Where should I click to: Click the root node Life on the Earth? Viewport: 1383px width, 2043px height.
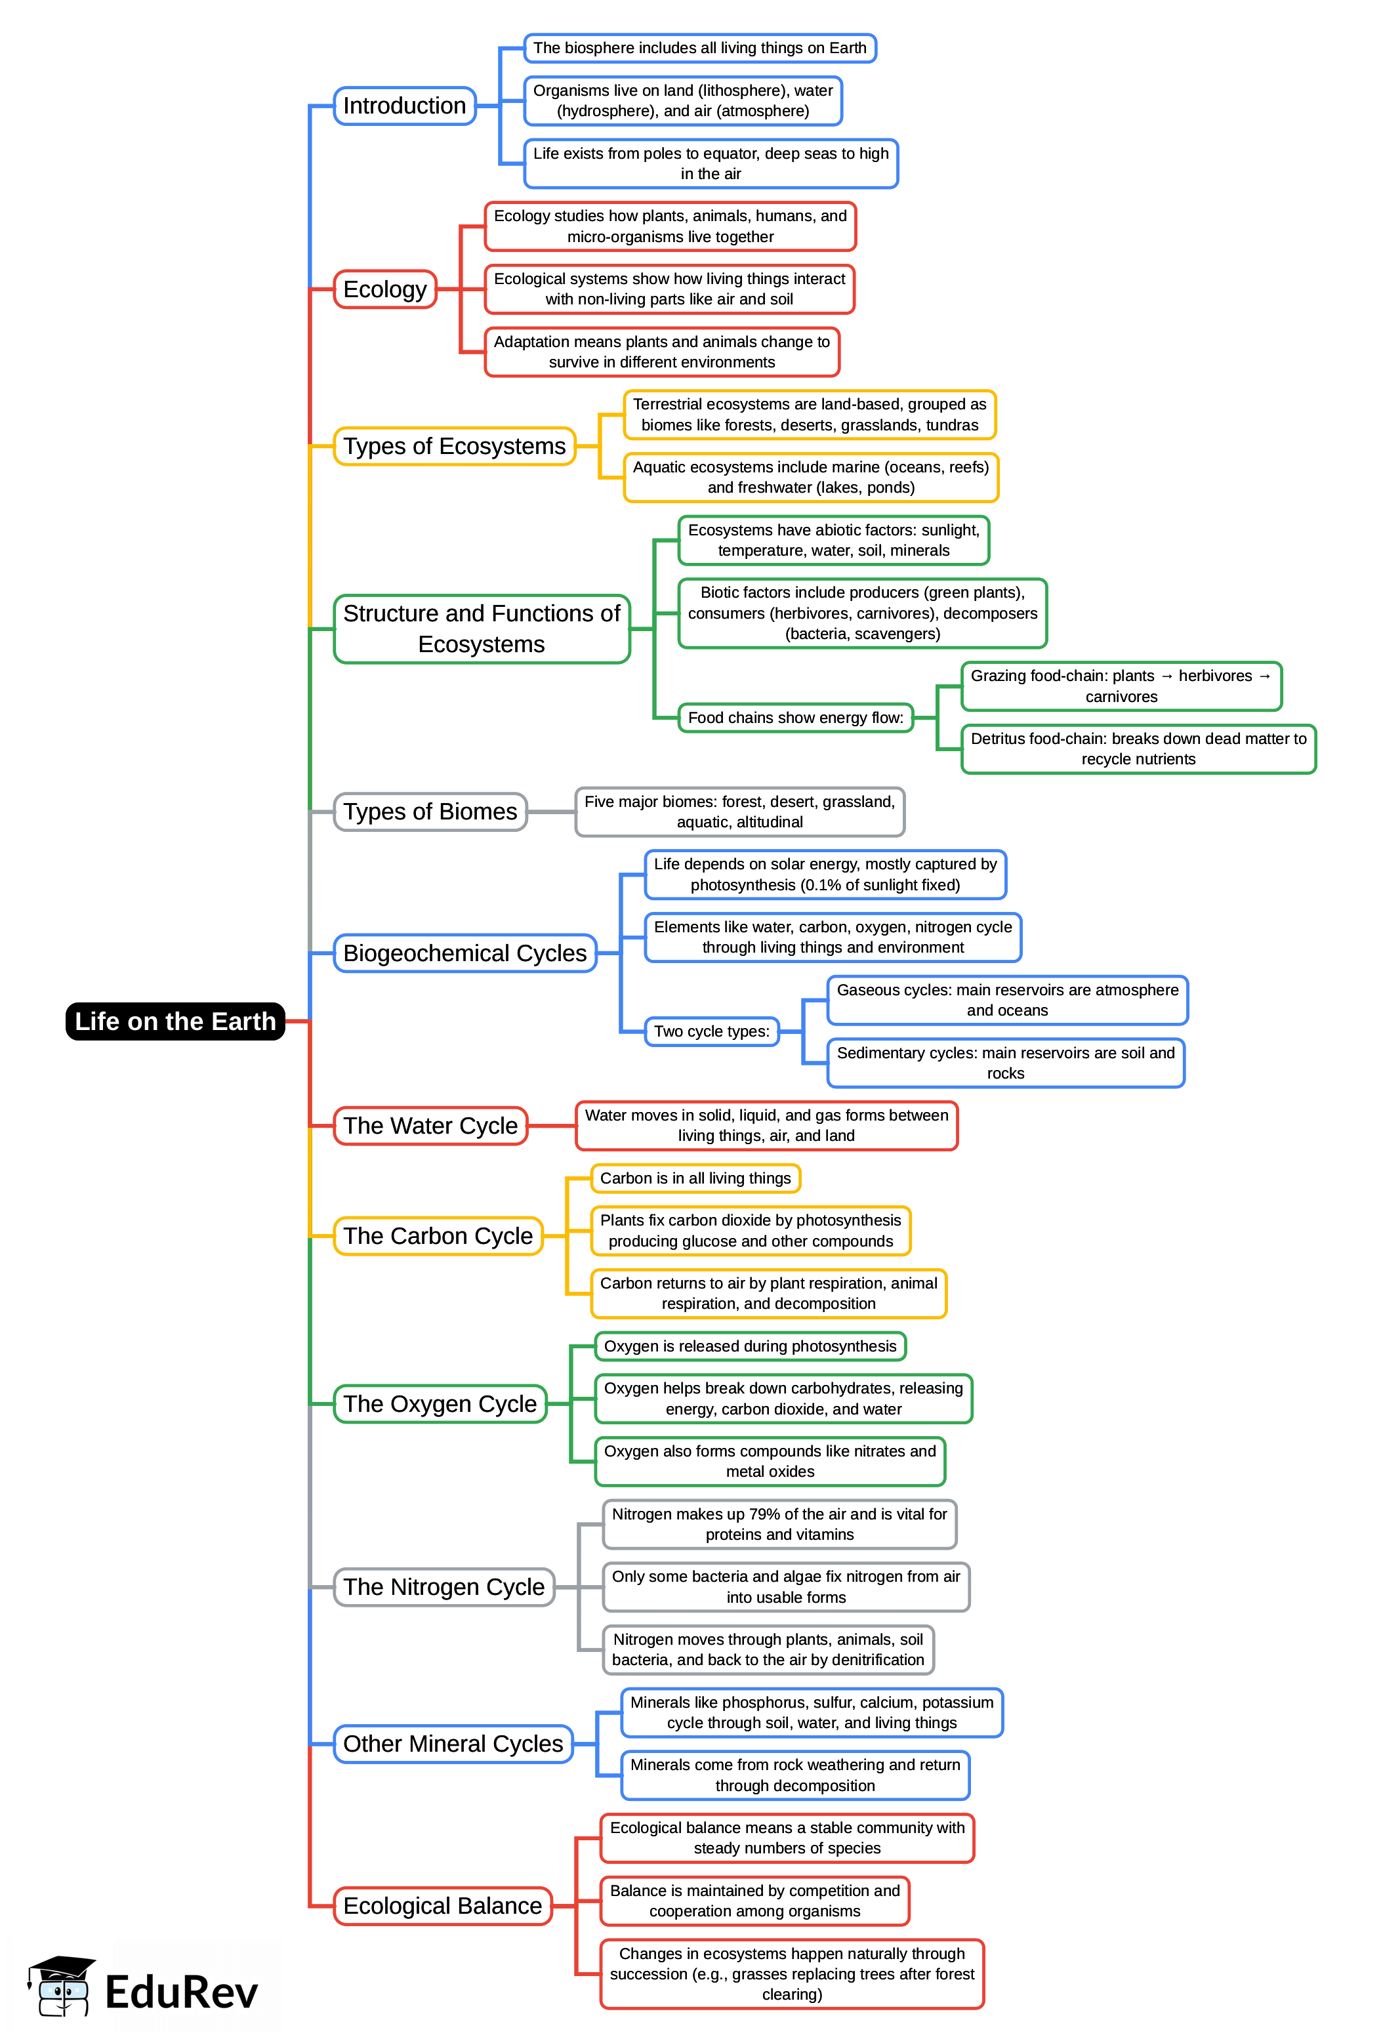coord(175,1021)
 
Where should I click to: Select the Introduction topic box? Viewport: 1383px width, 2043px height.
coord(404,106)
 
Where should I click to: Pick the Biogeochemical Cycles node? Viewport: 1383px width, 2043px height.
coord(464,953)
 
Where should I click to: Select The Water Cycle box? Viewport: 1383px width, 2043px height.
coord(430,1125)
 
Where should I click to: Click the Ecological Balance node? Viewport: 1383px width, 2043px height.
coord(442,1906)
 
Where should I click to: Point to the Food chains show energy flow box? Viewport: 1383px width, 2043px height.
coord(795,717)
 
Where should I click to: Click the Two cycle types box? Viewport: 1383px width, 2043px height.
coord(711,1031)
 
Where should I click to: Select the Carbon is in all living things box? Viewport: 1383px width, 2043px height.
coord(695,1178)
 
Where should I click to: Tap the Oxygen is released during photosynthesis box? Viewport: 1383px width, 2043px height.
coord(750,1346)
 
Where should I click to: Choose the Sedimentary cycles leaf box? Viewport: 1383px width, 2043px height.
coord(1005,1063)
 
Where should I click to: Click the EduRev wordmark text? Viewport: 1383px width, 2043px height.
coord(181,1992)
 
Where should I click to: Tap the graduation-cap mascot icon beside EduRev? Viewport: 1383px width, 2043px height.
coord(60,1985)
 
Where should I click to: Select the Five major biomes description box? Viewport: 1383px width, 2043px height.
coord(739,812)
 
